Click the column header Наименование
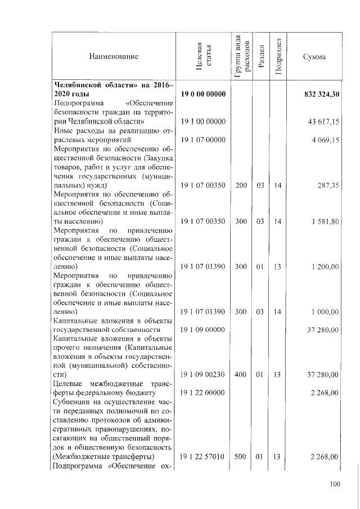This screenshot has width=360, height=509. [x=113, y=57]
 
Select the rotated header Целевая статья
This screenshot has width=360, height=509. [x=203, y=57]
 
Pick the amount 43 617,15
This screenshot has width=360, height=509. [x=323, y=121]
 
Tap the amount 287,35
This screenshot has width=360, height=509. [x=327, y=185]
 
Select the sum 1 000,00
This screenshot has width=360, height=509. [x=325, y=312]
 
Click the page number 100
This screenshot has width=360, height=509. [x=335, y=484]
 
